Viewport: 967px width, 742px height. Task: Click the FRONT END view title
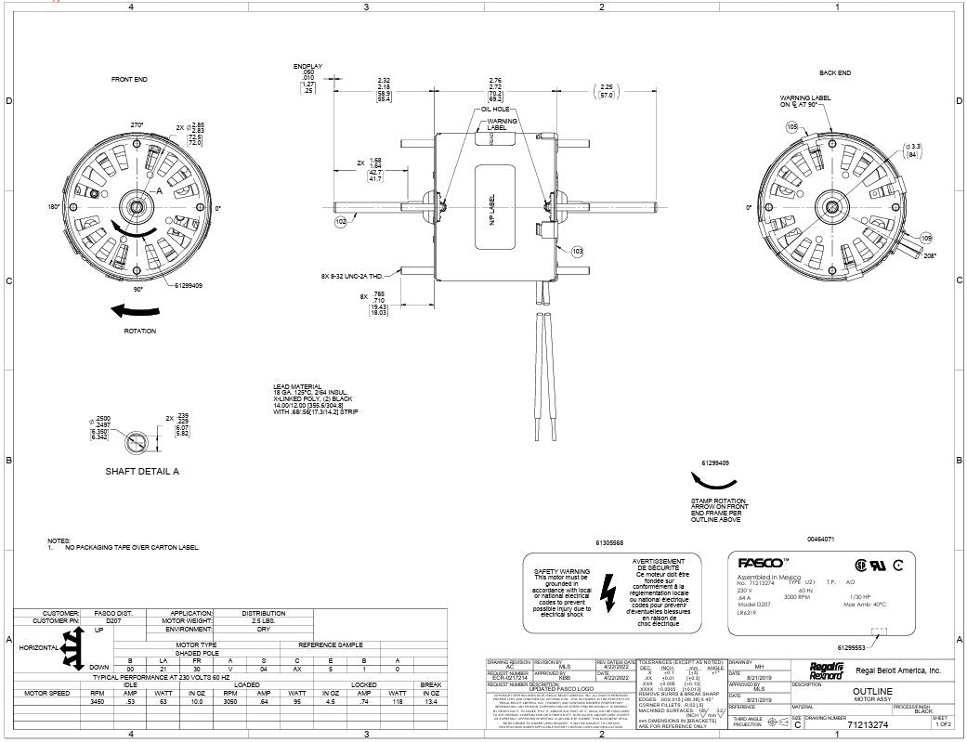click(x=129, y=80)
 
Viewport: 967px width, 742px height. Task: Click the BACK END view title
click(x=834, y=72)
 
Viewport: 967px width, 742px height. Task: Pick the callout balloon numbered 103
click(x=577, y=251)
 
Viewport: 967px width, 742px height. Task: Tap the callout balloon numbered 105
click(x=791, y=126)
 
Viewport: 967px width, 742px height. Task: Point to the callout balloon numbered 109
click(x=925, y=239)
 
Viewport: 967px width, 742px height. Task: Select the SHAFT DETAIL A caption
click(x=141, y=472)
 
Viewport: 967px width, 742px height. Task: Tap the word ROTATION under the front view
click(x=139, y=331)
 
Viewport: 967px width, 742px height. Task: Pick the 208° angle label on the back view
click(x=929, y=254)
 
